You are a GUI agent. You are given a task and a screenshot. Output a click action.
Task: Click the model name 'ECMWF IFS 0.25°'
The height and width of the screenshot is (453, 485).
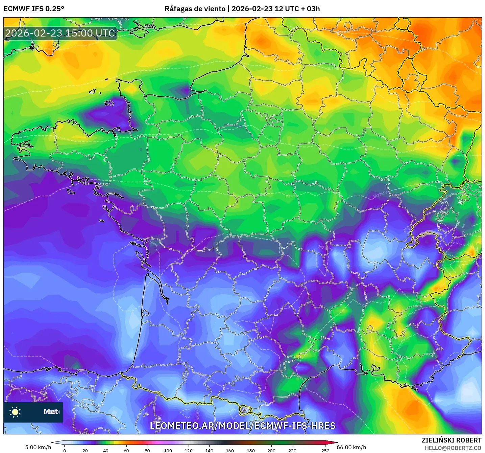point(34,8)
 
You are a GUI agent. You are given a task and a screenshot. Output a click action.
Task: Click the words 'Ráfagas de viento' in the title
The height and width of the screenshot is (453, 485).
point(195,8)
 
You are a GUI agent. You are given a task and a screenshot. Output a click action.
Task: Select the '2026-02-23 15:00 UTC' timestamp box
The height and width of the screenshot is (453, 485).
point(60,33)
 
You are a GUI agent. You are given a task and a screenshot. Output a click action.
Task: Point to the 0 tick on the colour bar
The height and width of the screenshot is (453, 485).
point(65,450)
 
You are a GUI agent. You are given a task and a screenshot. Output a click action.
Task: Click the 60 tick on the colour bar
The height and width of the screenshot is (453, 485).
point(126,450)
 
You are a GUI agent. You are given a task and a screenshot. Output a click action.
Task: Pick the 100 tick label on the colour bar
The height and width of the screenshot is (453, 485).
point(168,450)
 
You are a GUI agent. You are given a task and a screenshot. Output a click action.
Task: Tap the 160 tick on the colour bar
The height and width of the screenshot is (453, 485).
point(230,450)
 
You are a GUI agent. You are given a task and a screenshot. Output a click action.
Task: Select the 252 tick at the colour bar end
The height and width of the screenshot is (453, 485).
point(325,450)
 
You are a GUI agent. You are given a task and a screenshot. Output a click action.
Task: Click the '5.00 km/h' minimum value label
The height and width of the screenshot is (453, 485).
point(38,447)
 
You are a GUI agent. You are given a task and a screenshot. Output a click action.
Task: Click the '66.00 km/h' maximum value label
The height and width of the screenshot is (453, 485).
point(351,447)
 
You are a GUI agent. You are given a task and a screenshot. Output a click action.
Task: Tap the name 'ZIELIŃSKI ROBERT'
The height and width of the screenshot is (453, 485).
point(452,440)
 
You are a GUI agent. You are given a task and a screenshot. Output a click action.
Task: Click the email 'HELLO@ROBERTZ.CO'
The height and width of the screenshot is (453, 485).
point(453,448)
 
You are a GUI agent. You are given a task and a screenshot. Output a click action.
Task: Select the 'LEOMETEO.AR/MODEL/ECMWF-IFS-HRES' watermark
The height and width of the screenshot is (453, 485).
point(242,426)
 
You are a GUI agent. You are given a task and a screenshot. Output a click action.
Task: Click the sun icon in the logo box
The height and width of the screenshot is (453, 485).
point(15,412)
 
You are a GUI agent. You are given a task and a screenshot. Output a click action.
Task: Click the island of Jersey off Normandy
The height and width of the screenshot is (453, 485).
point(109,103)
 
